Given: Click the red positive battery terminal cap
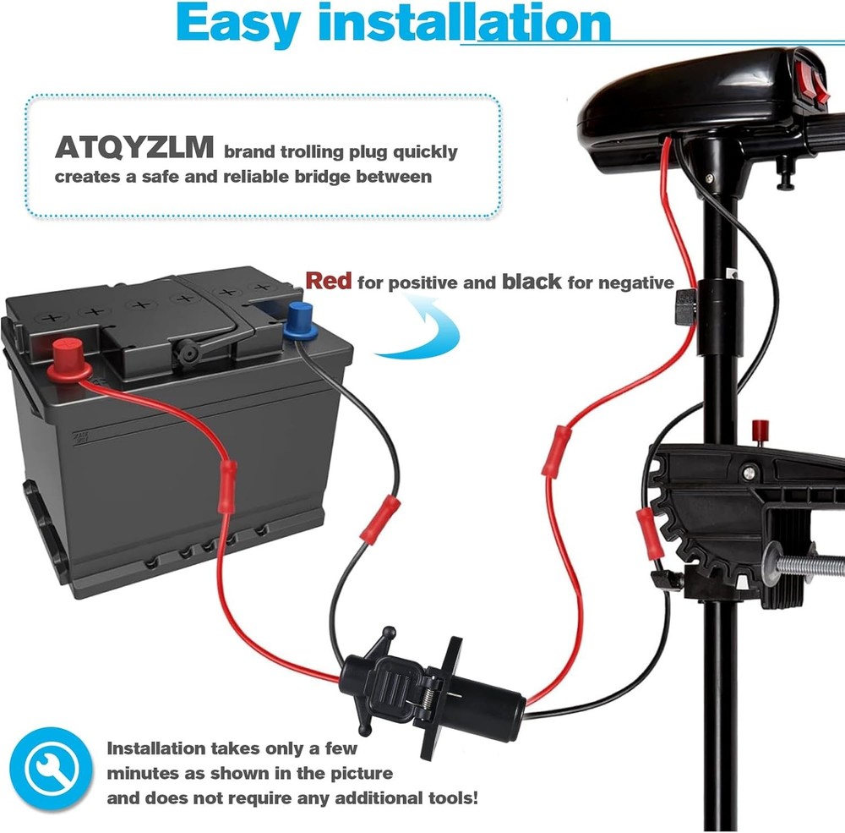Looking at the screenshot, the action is (x=69, y=359).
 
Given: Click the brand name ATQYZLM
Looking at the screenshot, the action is (x=134, y=147).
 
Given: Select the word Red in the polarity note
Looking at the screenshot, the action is (x=328, y=281).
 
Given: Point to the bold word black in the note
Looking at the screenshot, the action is (x=532, y=281).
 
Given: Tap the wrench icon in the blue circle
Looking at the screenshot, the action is (x=51, y=768).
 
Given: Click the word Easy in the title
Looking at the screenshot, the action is (x=238, y=23).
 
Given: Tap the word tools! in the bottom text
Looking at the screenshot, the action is (x=453, y=798).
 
